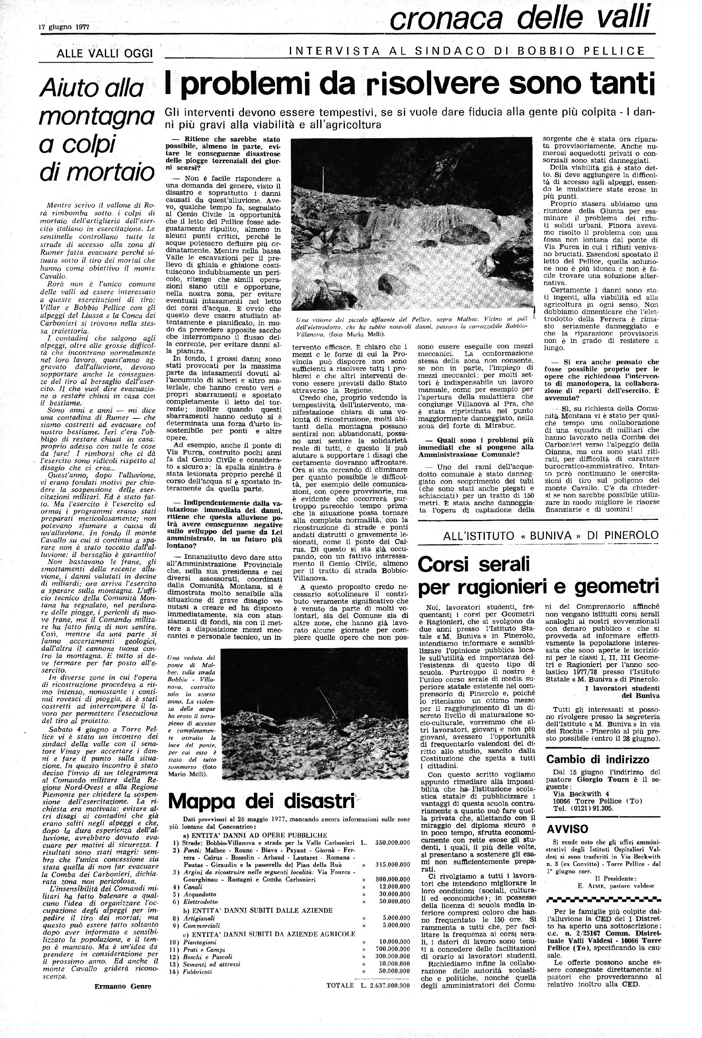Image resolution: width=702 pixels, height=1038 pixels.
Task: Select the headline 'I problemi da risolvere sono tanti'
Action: [x=409, y=84]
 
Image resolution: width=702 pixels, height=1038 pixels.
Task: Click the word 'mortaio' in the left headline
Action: [x=97, y=172]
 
